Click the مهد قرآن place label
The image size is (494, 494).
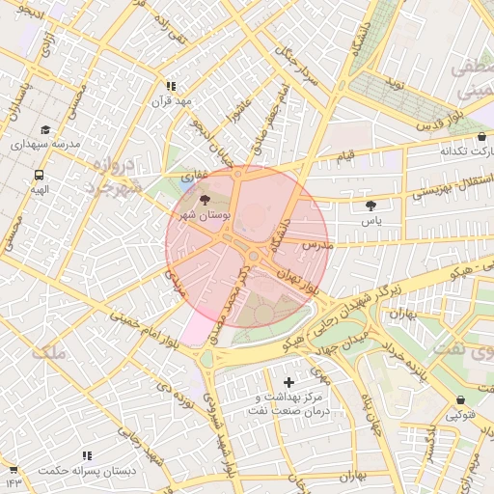tap(171, 100)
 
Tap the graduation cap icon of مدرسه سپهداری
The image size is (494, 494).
tap(45, 129)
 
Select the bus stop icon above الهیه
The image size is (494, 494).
tap(39, 176)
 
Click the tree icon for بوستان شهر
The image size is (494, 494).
tap(203, 198)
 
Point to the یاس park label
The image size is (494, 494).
tap(371, 221)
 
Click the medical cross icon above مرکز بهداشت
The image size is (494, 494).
tap(288, 383)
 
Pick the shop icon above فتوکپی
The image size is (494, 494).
tap(459, 399)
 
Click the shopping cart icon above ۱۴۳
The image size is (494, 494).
tap(14, 467)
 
